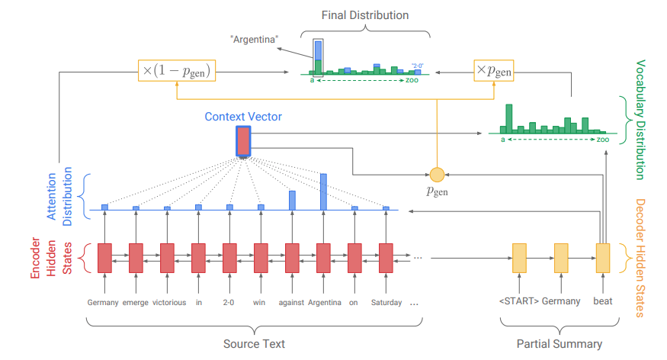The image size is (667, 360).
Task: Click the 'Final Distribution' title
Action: pyautogui.click(x=364, y=15)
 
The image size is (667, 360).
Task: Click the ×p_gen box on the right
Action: pyautogui.click(x=494, y=71)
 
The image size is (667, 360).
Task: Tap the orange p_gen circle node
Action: pyautogui.click(x=437, y=175)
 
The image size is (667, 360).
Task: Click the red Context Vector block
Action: pyautogui.click(x=243, y=141)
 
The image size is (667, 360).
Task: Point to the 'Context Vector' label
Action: pyautogui.click(x=243, y=117)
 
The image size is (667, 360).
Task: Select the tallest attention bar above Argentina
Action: pyautogui.click(x=323, y=191)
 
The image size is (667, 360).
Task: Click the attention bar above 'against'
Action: pyautogui.click(x=292, y=200)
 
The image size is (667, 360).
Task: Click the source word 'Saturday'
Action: pyautogui.click(x=386, y=302)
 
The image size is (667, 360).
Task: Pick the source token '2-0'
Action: pyautogui.click(x=229, y=302)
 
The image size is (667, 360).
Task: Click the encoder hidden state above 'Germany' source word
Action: pyautogui.click(x=104, y=258)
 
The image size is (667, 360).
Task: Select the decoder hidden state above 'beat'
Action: pyautogui.click(x=602, y=258)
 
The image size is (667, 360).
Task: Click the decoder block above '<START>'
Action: pyautogui.click(x=520, y=258)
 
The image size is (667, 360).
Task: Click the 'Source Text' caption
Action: pyautogui.click(x=254, y=344)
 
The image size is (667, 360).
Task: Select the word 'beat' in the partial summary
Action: pyautogui.click(x=602, y=301)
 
